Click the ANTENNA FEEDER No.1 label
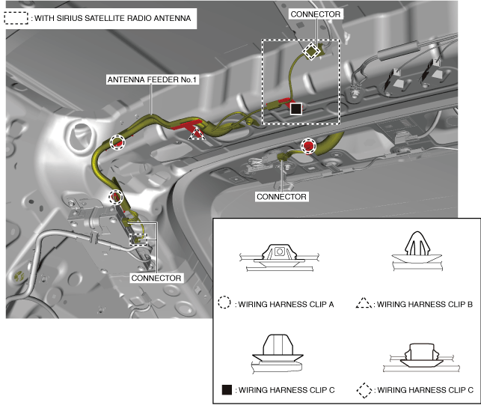(x=152, y=79)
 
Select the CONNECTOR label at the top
(x=316, y=14)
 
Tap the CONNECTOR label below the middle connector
(x=281, y=197)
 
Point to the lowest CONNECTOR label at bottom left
(x=156, y=278)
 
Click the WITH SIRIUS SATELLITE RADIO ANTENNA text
(x=112, y=18)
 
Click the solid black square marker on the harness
(x=296, y=109)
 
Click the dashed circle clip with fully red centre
(x=308, y=145)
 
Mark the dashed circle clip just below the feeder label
(x=117, y=142)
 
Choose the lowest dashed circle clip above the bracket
(x=116, y=197)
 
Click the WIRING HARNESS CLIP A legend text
(x=286, y=304)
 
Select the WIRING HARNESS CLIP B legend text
(x=425, y=304)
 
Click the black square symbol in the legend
(x=227, y=390)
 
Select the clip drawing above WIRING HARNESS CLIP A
(x=279, y=258)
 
